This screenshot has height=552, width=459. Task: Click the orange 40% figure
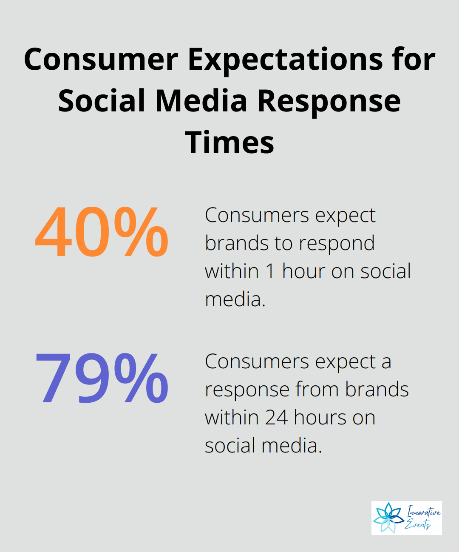tap(102, 232)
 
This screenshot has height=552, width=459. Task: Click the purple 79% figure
tap(102, 378)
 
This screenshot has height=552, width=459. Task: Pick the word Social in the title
tap(102, 100)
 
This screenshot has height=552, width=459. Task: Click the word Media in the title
tap(201, 100)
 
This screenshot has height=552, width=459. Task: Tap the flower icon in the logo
tap(388, 518)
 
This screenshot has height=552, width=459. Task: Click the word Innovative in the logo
tap(424, 512)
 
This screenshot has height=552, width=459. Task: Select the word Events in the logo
tap(418, 524)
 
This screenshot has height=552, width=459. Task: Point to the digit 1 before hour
tap(270, 271)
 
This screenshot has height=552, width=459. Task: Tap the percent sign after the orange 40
tap(141, 232)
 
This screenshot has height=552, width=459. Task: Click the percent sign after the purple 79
tap(141, 378)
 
